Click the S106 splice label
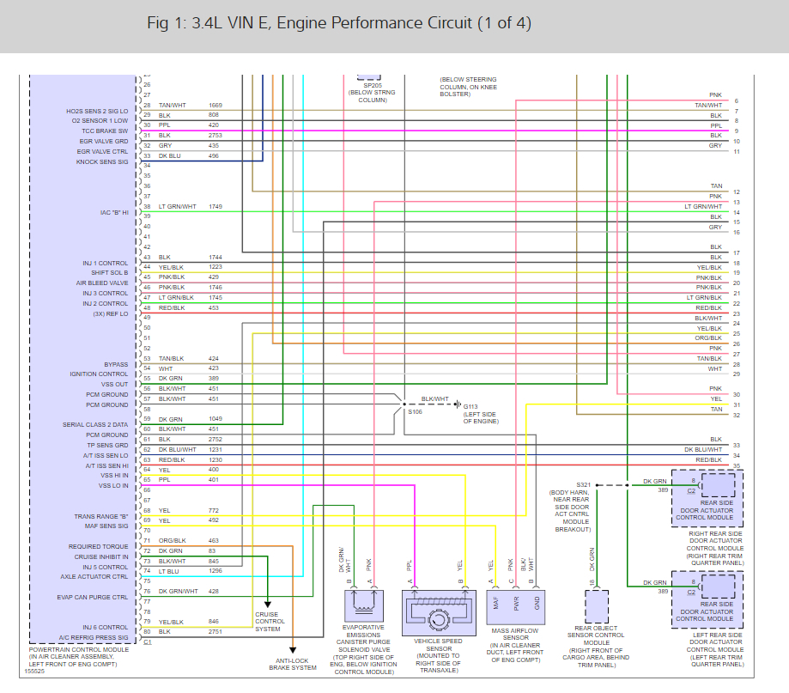coord(415,412)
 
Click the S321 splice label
coord(584,484)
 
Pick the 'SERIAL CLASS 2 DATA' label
coord(95,424)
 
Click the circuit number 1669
coord(215,105)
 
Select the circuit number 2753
coord(215,135)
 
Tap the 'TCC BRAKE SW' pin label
coord(105,131)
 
